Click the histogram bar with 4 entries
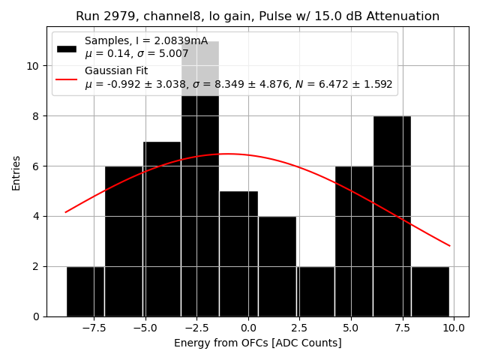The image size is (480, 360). click(x=277, y=266)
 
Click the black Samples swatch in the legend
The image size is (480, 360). click(x=67, y=48)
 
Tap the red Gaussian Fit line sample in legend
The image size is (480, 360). click(x=67, y=77)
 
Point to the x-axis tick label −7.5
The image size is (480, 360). click(x=94, y=328)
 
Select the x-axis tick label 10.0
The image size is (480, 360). click(x=453, y=328)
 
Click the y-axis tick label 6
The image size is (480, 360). click(x=36, y=166)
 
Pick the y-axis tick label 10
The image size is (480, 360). click(x=34, y=66)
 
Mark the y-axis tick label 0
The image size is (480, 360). click(x=36, y=316)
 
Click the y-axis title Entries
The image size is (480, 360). click(x=16, y=173)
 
